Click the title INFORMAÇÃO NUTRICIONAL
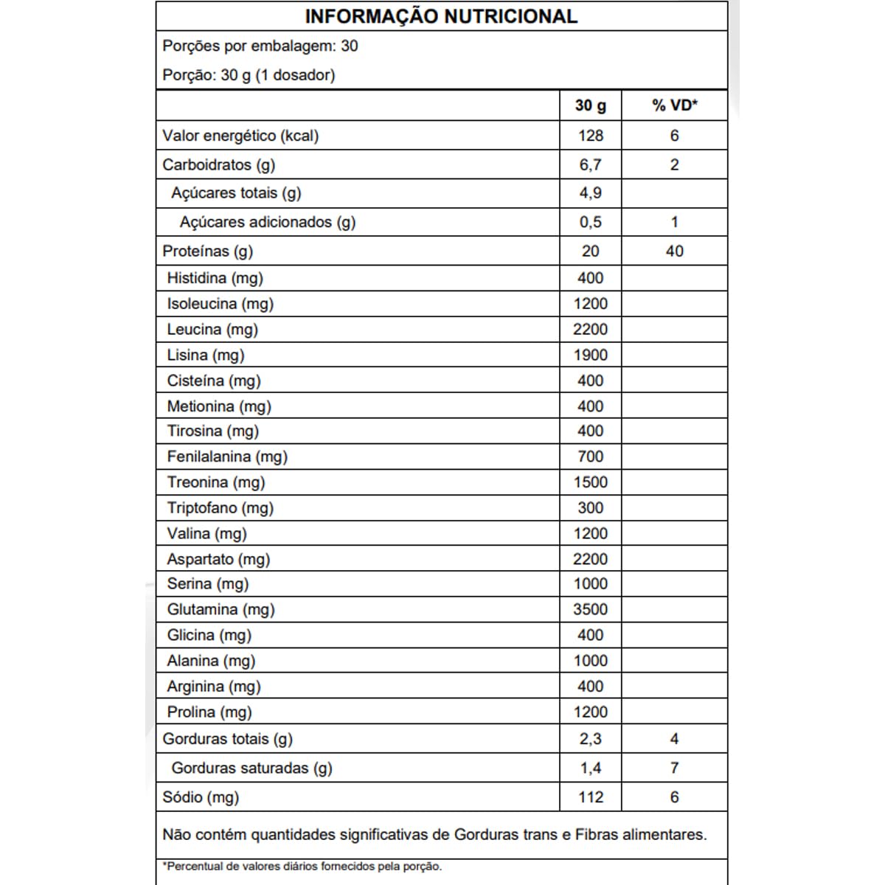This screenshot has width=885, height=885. click(x=441, y=16)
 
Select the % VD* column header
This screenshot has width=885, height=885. click(x=674, y=105)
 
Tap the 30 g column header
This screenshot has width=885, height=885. click(x=591, y=105)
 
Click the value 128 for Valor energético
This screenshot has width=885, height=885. click(x=591, y=136)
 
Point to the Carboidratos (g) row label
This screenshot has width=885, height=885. click(x=218, y=164)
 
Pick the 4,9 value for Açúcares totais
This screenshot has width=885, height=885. click(x=591, y=193)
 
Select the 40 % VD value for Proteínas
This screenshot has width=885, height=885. click(x=674, y=251)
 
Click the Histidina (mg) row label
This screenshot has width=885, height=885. click(x=215, y=278)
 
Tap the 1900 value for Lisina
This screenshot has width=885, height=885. click(x=591, y=355)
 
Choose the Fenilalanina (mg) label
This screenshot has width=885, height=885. click(x=227, y=457)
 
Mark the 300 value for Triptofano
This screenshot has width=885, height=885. click(x=591, y=507)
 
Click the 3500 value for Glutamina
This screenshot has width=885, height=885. click(x=591, y=609)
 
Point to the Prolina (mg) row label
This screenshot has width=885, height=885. click(x=209, y=712)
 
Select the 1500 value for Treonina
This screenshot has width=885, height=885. click(x=591, y=482)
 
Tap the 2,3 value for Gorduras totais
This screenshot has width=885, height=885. click(x=591, y=739)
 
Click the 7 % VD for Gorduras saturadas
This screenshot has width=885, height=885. click(x=674, y=768)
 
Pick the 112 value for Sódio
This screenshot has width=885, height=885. click(x=591, y=797)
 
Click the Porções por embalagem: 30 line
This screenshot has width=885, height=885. click(x=260, y=46)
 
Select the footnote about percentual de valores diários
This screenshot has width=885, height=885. click(x=302, y=867)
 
